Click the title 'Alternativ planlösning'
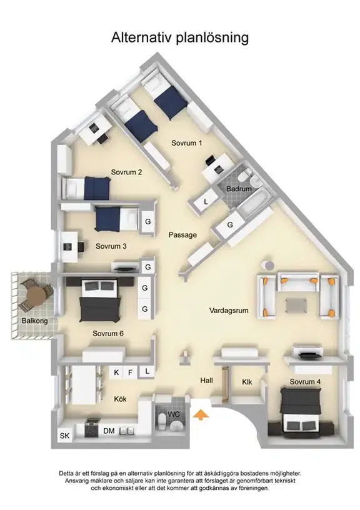tap(180, 37)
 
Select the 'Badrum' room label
tap(239, 189)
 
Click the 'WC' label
tap(174, 414)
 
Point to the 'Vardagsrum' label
tap(229, 310)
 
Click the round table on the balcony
tap(36, 294)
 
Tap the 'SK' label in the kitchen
tap(65, 435)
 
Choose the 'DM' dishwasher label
tap(109, 431)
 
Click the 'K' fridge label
tap(116, 372)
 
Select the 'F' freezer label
tap(131, 372)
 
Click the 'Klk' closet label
tap(247, 382)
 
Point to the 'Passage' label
tap(182, 235)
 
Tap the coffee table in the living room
tap(296, 306)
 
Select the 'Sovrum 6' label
tap(108, 333)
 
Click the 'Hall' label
tap(206, 380)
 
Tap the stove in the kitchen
tap(91, 428)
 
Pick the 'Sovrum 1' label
tap(187, 142)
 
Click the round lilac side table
tap(269, 266)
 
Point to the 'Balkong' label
tap(35, 321)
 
